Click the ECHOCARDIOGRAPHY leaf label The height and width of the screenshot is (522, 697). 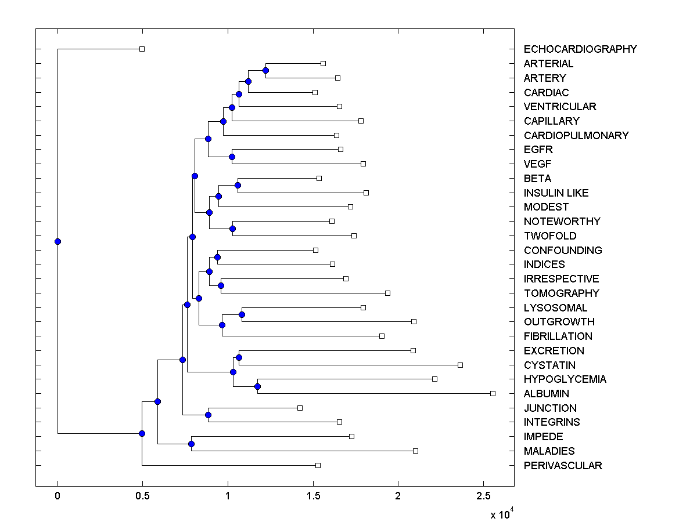[x=580, y=49]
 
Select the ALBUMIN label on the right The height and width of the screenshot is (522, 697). [x=545, y=394]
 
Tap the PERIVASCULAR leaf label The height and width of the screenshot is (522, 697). [x=562, y=466]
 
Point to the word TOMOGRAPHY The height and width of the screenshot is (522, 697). [x=561, y=293]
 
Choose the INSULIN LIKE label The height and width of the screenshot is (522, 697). [x=556, y=193]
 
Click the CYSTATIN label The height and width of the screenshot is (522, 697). [x=549, y=365]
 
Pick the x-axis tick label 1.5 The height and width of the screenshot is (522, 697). [x=312, y=496]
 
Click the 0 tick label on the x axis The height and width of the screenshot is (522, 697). [x=58, y=496]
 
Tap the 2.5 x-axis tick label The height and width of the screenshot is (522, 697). [x=483, y=496]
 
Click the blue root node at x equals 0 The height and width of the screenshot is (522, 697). [x=58, y=241]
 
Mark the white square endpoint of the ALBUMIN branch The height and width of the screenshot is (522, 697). [x=493, y=393]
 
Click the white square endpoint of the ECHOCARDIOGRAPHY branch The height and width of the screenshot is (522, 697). [x=142, y=49]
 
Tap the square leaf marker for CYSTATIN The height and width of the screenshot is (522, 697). [x=460, y=365]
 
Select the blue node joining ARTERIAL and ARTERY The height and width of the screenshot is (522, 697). [x=265, y=71]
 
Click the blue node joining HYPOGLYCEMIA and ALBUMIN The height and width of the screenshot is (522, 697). [x=258, y=386]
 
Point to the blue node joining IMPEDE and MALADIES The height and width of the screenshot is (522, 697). [x=191, y=444]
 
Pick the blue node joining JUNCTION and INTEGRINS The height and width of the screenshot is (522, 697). [x=208, y=415]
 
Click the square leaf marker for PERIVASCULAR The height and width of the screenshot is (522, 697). [x=318, y=465]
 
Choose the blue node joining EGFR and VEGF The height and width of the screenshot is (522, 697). [x=232, y=157]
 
